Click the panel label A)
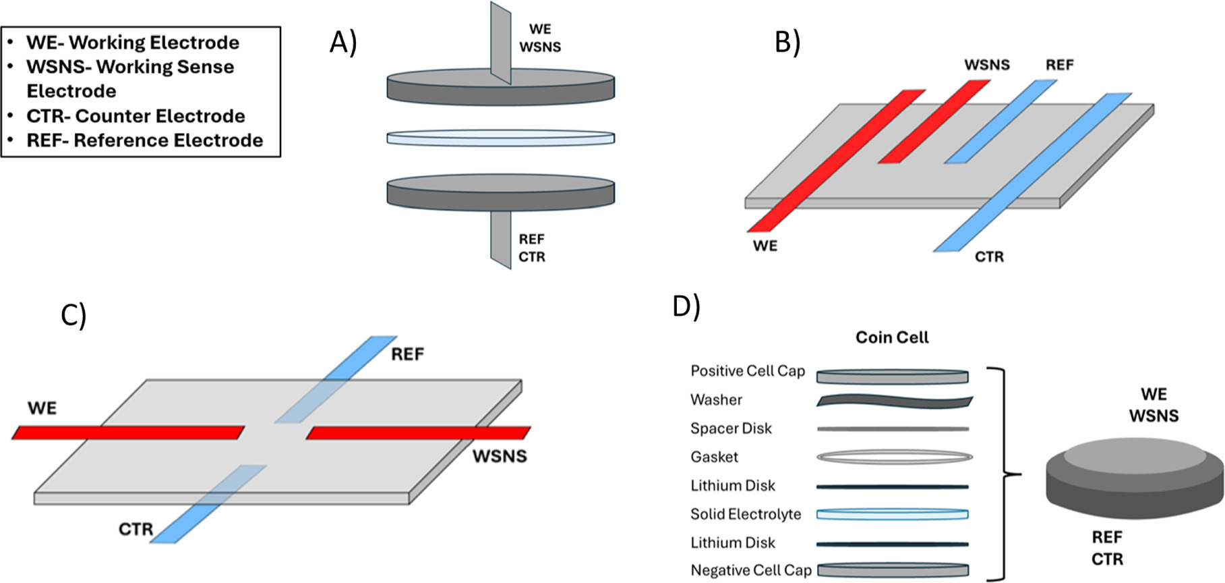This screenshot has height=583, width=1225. click(342, 43)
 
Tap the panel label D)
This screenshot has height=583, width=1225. click(686, 306)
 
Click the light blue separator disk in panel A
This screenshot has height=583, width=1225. click(500, 138)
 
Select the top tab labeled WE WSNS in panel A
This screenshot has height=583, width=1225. click(501, 40)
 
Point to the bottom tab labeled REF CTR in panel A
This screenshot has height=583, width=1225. click(501, 240)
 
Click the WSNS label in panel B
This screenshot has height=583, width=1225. click(986, 65)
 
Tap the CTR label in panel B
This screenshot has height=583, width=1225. click(988, 256)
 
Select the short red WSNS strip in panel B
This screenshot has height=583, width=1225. click(934, 121)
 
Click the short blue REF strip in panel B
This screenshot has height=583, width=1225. click(1000, 121)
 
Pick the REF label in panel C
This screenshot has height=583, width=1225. click(407, 354)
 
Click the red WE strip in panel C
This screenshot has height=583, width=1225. click(128, 432)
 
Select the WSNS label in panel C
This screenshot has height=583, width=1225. click(499, 456)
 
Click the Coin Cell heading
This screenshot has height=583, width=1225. click(891, 337)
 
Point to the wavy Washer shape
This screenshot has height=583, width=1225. click(894, 401)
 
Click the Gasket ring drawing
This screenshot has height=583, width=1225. click(894, 457)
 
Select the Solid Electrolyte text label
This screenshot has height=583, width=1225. click(745, 514)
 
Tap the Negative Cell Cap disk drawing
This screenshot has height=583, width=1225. click(893, 570)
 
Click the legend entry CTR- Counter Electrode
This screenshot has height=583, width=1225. click(135, 116)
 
